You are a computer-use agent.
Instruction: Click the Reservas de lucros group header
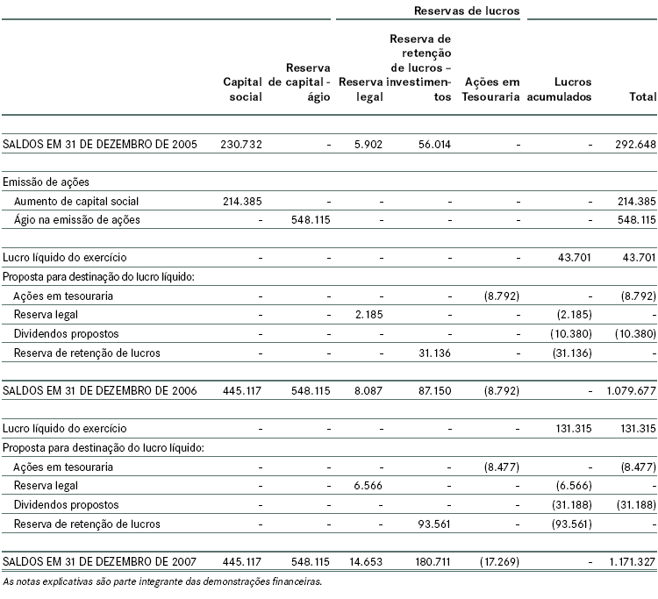[x=466, y=11]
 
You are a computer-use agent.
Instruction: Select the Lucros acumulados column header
[x=561, y=89]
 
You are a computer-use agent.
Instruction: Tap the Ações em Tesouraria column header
[x=491, y=89]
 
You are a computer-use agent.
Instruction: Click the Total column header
[x=643, y=97]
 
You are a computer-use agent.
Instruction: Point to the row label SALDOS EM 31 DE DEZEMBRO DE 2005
[x=100, y=144]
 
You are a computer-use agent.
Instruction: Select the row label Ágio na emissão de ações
[x=77, y=219]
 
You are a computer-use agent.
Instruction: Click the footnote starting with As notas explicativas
[x=161, y=581]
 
